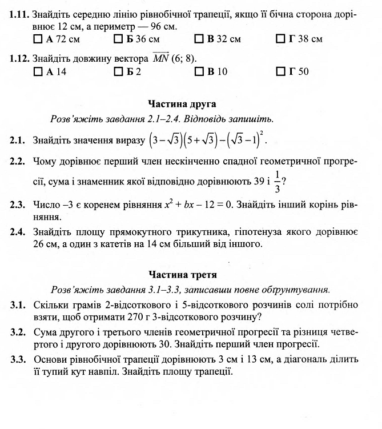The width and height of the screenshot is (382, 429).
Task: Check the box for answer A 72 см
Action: tap(38, 39)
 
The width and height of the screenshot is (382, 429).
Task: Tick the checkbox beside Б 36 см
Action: tap(118, 39)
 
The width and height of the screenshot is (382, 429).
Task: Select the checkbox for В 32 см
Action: tap(199, 39)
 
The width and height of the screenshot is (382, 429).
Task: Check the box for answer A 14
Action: tap(38, 72)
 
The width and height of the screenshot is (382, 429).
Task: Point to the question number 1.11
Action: tap(19, 11)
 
